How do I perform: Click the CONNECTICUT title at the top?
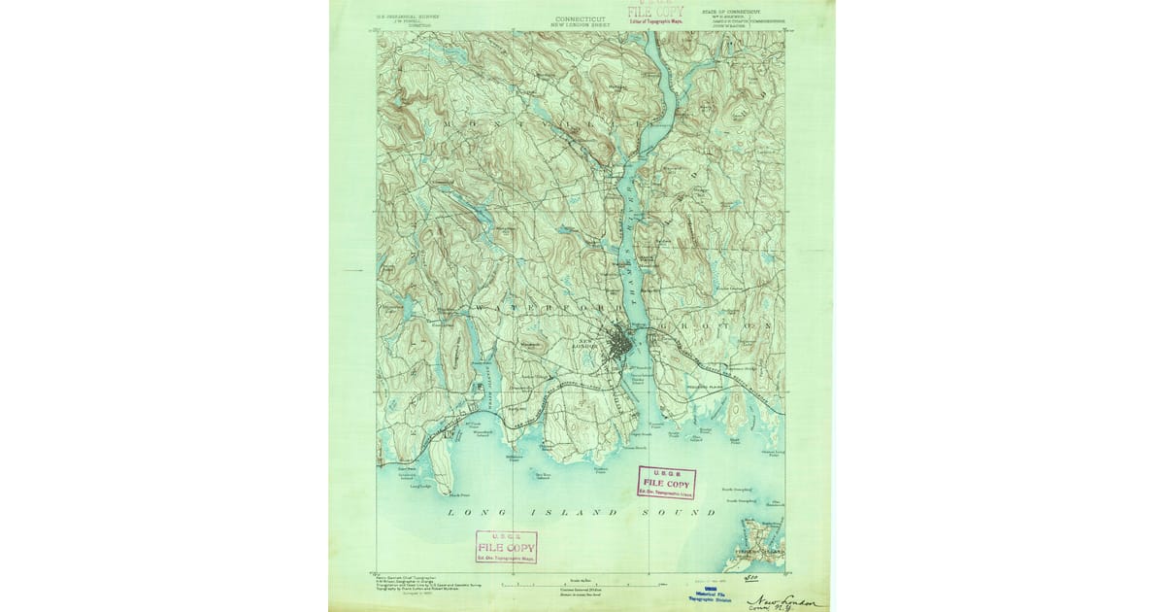pos(582,17)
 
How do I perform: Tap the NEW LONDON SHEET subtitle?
pos(582,24)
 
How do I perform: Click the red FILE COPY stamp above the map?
pos(655,13)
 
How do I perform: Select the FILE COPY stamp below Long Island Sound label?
pos(506,547)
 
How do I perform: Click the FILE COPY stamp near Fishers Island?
pos(666,483)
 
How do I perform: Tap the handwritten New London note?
pos(782,603)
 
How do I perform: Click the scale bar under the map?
pos(581,585)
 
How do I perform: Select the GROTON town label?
pos(718,324)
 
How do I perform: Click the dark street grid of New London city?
pos(617,344)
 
